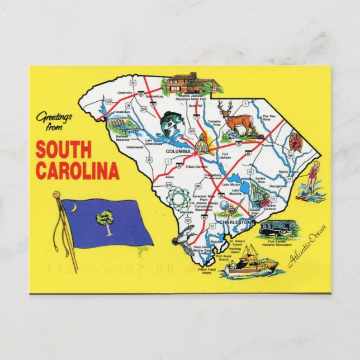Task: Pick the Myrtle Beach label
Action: (304, 172)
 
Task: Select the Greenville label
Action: (125, 93)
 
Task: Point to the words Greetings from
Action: (54, 120)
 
